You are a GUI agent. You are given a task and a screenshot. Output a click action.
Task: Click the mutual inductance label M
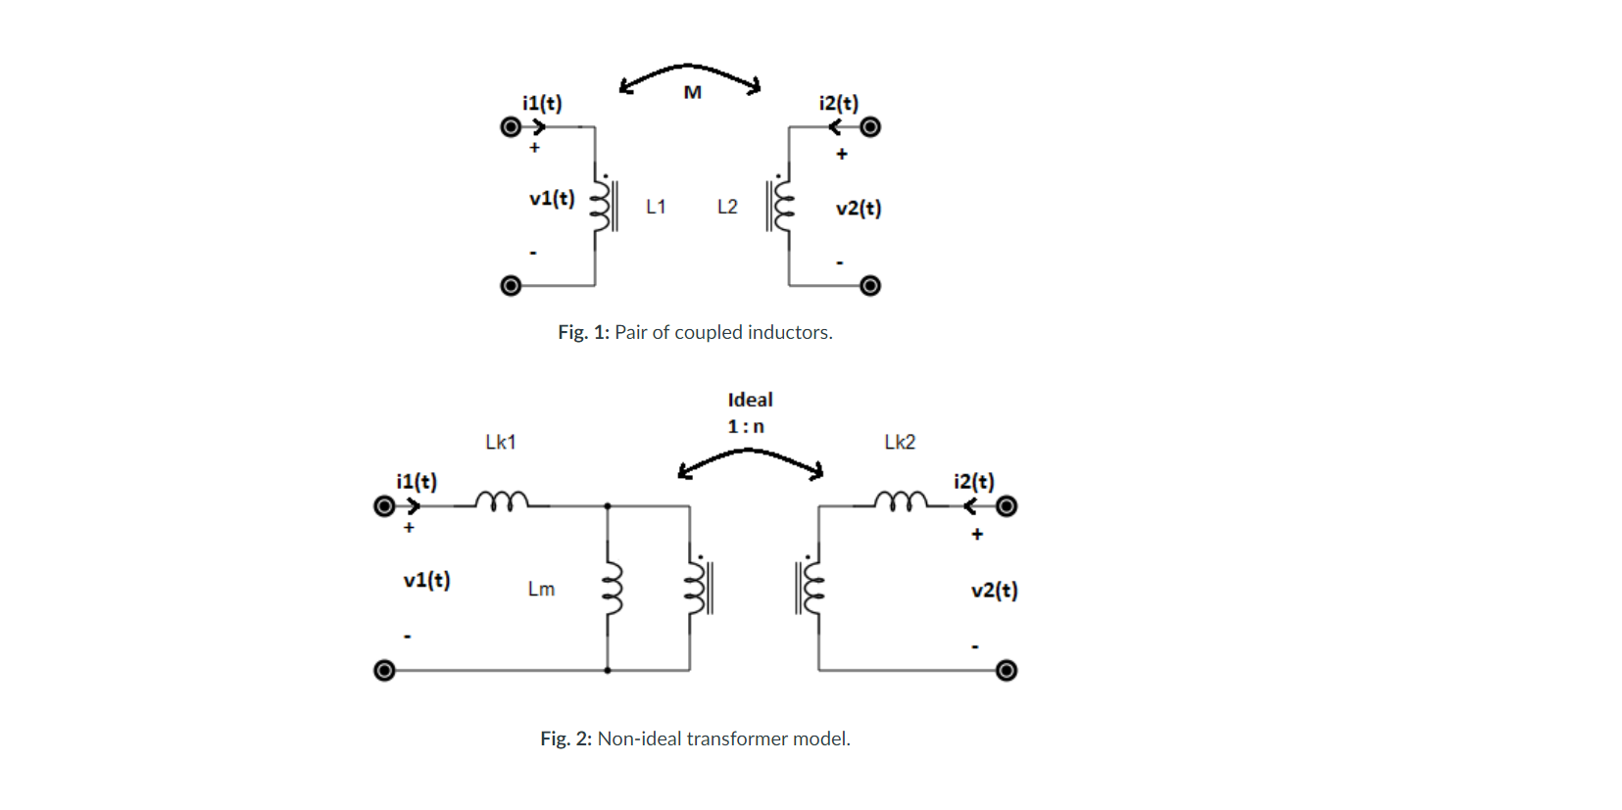(x=692, y=92)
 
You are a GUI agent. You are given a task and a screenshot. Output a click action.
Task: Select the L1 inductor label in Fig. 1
(x=656, y=207)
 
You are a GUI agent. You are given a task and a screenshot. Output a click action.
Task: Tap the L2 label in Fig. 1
(x=727, y=207)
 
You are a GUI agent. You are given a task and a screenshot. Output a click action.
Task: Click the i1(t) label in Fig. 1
(x=542, y=103)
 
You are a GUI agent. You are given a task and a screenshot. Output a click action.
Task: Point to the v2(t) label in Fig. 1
(x=859, y=208)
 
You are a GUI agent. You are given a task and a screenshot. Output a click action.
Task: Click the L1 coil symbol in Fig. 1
(x=601, y=205)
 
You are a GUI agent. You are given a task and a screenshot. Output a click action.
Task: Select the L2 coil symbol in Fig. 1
(x=781, y=205)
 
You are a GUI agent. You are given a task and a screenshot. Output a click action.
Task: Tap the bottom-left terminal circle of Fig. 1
(x=511, y=285)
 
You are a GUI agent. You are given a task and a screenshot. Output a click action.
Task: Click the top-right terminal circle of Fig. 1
(x=870, y=127)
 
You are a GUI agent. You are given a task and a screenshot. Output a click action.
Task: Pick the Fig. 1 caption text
(x=695, y=332)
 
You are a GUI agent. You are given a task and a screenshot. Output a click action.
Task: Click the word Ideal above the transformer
(x=750, y=400)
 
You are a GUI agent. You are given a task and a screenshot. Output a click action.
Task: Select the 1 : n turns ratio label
(x=746, y=426)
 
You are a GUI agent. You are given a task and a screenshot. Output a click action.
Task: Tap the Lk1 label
(x=501, y=442)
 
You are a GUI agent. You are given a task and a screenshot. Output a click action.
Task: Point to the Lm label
(x=541, y=589)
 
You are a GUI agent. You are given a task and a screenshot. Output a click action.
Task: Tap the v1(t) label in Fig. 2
(x=426, y=580)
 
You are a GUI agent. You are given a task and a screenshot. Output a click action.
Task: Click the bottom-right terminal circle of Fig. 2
(x=1007, y=670)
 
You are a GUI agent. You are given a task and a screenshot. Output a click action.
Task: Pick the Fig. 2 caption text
(x=695, y=739)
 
